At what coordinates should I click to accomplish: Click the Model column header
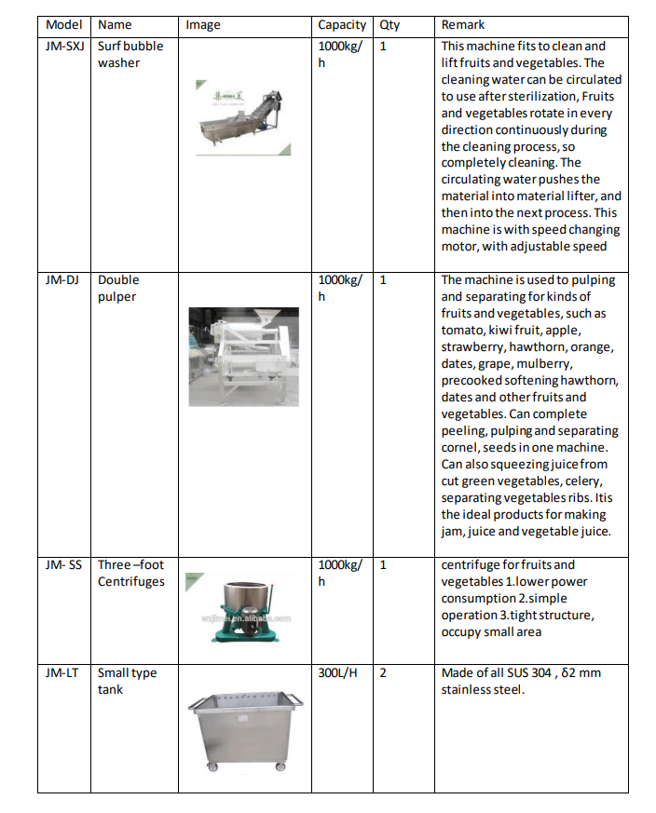point(63,25)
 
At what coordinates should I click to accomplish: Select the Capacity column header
point(342,25)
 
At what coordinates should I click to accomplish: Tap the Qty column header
point(389,25)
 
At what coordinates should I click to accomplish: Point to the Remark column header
point(463,25)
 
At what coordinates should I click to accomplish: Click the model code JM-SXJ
point(65,46)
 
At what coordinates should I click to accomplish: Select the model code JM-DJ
point(61,279)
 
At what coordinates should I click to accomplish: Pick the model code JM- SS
point(63,564)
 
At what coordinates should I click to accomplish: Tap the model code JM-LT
point(61,672)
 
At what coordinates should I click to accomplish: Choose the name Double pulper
point(117,288)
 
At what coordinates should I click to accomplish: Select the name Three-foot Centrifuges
point(130,573)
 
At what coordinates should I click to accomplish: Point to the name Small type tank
point(127,681)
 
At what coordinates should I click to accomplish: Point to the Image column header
point(203,25)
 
